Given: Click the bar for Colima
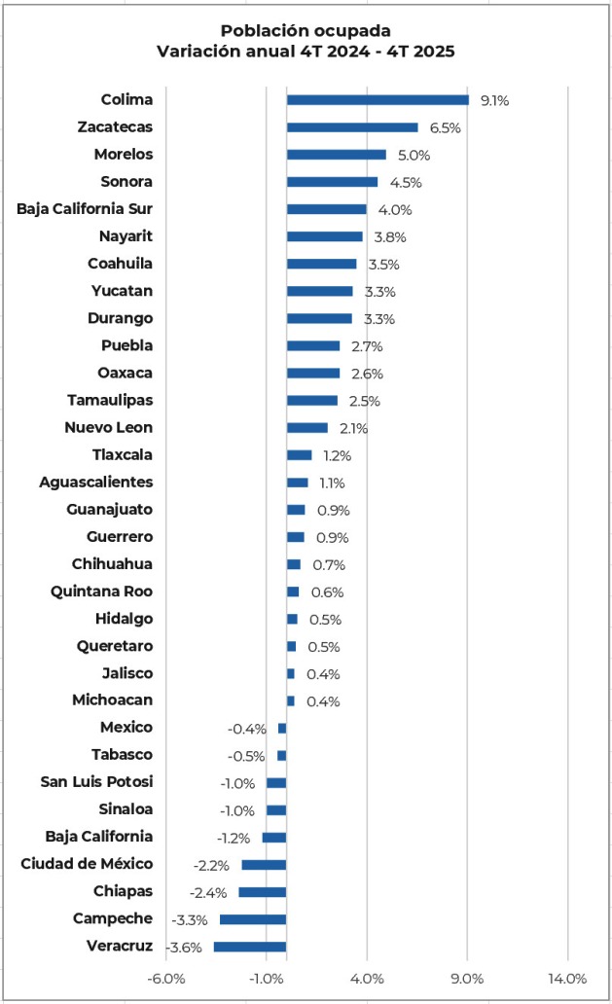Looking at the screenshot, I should point(378,99).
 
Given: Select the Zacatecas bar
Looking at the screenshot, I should point(352,126).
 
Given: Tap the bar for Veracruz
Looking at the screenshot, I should point(250,947).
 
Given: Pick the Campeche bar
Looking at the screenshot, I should point(253,919).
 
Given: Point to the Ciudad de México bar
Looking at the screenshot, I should point(264,865).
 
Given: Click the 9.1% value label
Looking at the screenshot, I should point(494,100).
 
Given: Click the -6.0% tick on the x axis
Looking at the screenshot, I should point(166,978).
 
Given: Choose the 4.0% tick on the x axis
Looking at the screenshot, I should point(367,978).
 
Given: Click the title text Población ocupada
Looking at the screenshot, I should point(306,31).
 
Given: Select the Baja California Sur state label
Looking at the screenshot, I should point(85,208).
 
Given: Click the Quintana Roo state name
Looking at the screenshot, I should point(102,591).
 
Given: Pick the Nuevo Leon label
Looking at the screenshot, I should point(108,427).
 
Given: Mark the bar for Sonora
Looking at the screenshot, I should point(332,181).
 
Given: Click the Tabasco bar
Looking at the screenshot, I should point(281,755).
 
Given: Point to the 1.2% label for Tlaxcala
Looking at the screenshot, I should point(337,455).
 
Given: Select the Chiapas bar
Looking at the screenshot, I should point(262,892).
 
